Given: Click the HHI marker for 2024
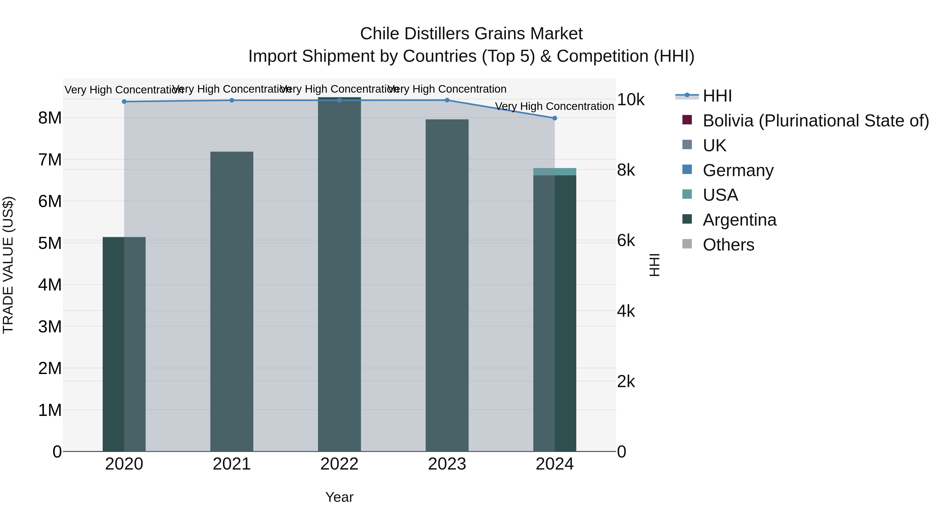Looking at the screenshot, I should (554, 118).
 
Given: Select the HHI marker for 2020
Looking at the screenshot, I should (124, 102).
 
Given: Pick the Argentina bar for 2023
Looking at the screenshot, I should (447, 285).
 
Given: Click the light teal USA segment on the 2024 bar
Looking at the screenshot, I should (554, 171).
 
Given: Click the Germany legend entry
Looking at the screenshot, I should (738, 170).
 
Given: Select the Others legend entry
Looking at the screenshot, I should (728, 245).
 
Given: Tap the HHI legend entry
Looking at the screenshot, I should (717, 96).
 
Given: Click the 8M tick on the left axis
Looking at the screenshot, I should (50, 118).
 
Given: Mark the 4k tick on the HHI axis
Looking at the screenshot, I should (626, 311).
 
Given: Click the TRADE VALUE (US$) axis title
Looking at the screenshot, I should (8, 265).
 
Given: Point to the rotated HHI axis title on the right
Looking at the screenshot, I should (654, 265).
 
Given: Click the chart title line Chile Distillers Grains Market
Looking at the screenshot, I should (471, 34).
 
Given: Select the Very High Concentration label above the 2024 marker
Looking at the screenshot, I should (554, 107).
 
